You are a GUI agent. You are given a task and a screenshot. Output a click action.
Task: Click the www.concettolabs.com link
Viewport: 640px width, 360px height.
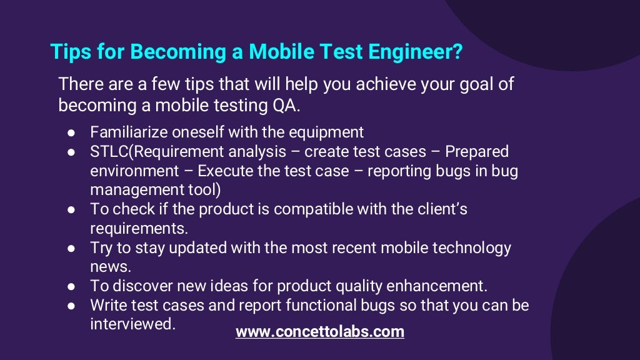319,331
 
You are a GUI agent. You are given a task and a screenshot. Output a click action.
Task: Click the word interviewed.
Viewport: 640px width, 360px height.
132,324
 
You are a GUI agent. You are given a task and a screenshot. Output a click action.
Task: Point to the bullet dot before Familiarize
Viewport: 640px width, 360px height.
72,133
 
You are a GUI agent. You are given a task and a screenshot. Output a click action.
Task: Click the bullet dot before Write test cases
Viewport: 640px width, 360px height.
72,306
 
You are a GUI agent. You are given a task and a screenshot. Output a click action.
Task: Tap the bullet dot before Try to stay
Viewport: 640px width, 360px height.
72,248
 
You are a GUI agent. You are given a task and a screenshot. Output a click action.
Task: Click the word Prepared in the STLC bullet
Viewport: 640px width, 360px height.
477,151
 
